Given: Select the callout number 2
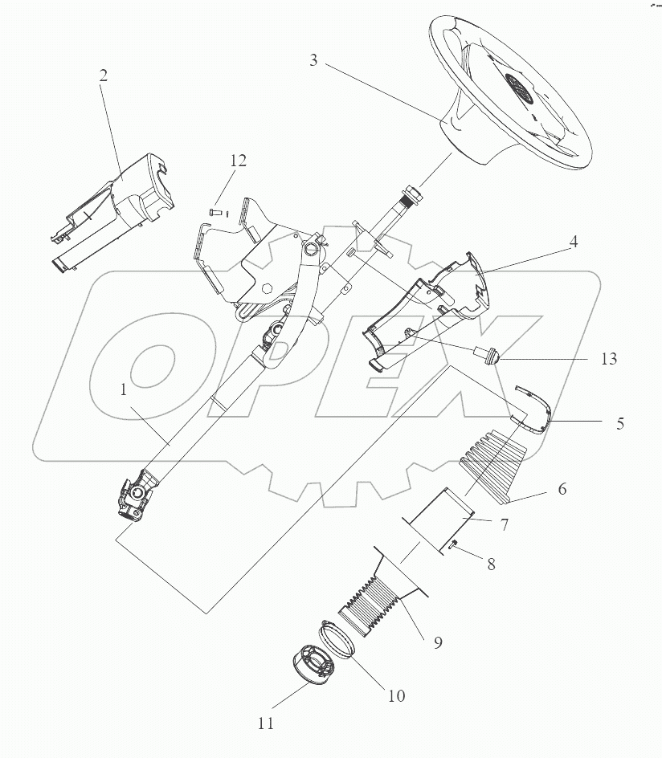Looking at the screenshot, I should [x=104, y=75].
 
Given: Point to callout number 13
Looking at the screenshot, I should [x=607, y=359].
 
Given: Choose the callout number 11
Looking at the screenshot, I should [x=266, y=723].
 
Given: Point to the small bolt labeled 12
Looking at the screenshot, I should [x=215, y=212].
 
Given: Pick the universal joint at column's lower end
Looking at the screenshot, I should [x=137, y=493].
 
